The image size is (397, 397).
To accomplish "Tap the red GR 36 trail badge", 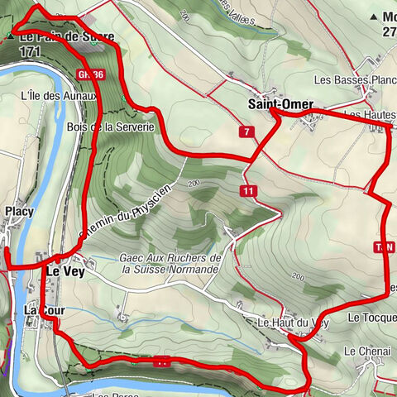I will [x=91, y=74].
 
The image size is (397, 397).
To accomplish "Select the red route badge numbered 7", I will [x=246, y=132].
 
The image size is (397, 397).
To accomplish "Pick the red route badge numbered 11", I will [x=246, y=191].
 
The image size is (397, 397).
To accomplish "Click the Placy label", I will [x=18, y=212].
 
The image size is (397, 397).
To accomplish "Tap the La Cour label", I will [x=43, y=309].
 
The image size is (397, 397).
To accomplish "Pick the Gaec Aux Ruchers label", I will [x=170, y=258].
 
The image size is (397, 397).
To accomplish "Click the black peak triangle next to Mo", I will [x=374, y=17].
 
